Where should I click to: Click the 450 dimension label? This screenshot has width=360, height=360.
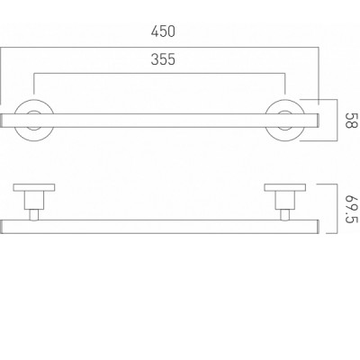tap(163, 31)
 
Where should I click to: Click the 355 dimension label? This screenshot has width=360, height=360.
tap(163, 59)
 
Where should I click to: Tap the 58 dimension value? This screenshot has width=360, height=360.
tap(351, 121)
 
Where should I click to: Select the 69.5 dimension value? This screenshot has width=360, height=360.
tap(351, 210)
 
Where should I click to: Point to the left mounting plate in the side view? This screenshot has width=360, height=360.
tap(34, 187)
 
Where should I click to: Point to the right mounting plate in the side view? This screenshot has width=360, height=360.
tap(285, 187)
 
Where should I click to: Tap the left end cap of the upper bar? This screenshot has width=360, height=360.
tap(1, 121)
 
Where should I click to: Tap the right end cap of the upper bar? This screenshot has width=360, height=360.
tap(318, 121)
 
